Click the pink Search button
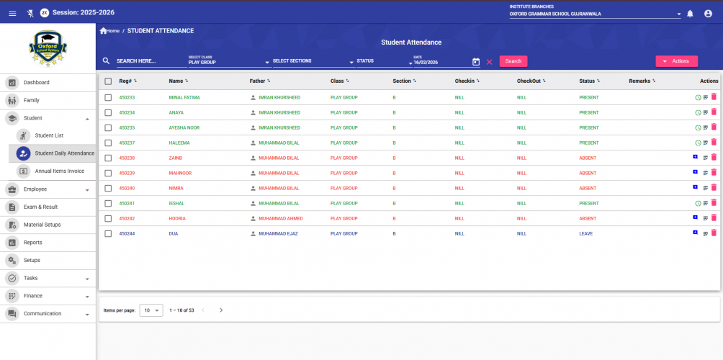(513, 61)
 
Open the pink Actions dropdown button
(676, 61)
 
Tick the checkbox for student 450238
(108, 158)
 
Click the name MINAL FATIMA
(184, 97)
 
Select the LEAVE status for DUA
(585, 233)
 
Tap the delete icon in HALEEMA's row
(714, 143)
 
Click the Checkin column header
(464, 81)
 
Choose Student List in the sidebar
(49, 135)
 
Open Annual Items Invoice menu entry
(59, 171)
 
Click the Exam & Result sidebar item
(40, 207)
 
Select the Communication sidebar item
(42, 313)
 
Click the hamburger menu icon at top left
(12, 13)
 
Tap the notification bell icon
(690, 13)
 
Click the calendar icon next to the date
(475, 62)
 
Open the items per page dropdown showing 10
(151, 310)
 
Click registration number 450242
(127, 218)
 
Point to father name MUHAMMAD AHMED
(280, 218)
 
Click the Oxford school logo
(48, 48)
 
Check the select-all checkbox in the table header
(108, 81)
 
